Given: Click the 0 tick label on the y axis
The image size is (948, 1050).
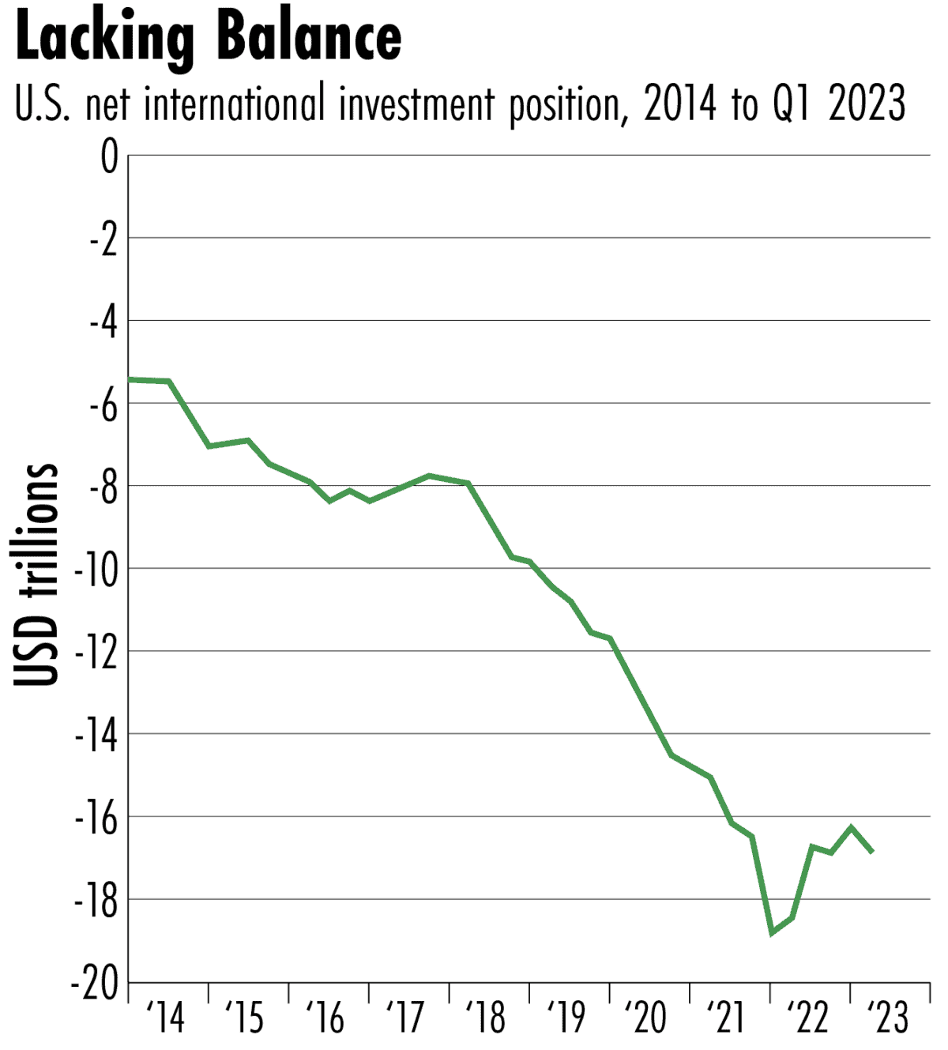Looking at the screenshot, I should click(109, 157).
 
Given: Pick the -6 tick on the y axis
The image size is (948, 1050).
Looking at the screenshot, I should click(103, 405).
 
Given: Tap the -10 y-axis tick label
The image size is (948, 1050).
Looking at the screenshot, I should click(96, 570).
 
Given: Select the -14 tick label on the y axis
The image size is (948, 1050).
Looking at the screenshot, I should click(96, 736).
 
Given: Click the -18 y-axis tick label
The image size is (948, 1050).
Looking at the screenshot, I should click(96, 901).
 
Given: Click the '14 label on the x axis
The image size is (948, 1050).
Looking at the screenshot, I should click(166, 1018).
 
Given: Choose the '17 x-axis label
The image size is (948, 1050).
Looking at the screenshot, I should click(406, 1018).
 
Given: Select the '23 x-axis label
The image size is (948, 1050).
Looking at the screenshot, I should click(888, 1018).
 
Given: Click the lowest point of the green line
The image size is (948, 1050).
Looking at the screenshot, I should click(772, 933).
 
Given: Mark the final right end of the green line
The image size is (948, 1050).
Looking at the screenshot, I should click(872, 852).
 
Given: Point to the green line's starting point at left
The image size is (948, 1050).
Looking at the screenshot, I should click(130, 380).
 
